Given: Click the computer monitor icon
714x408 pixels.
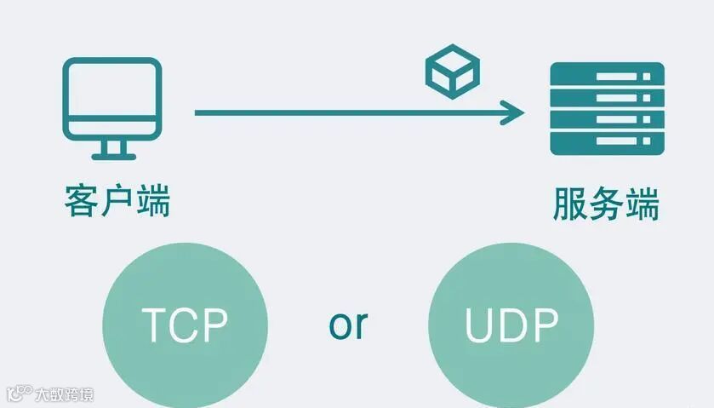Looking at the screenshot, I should (111, 99).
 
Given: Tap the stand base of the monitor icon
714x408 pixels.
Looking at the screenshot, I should (111, 156).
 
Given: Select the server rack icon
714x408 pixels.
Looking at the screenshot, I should (607, 108).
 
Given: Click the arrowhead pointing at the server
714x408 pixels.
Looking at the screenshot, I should (513, 112).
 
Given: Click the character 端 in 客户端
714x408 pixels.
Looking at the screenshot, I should (153, 201).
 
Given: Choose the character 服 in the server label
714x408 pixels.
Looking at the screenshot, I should (570, 205).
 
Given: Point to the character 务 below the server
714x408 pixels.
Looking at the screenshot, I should (606, 205).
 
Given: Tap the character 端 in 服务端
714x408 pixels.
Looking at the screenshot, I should (642, 205).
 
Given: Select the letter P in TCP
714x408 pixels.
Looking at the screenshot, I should (214, 325).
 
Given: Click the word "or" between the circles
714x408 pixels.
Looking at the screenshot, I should (348, 324).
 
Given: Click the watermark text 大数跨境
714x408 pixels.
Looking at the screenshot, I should (64, 394).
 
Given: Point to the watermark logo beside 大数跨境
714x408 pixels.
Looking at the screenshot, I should (18, 394).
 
